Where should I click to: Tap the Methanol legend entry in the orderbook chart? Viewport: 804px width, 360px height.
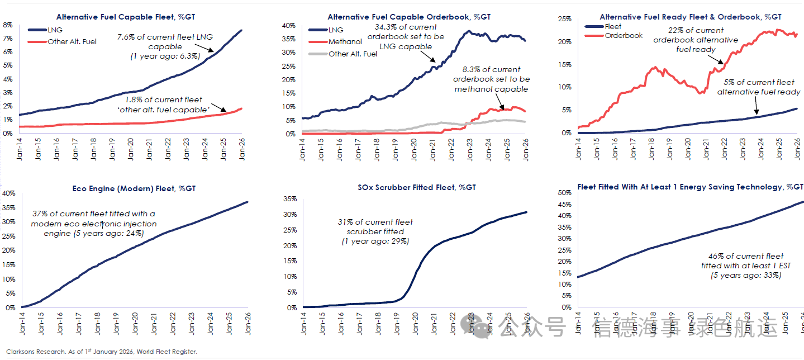(345, 41)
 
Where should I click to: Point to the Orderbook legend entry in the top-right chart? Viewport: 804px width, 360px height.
(624, 35)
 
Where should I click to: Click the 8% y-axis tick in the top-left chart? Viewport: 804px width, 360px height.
(8, 25)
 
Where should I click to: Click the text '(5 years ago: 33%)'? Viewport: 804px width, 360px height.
(745, 276)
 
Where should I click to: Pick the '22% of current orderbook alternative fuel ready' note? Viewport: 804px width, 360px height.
(695, 40)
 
